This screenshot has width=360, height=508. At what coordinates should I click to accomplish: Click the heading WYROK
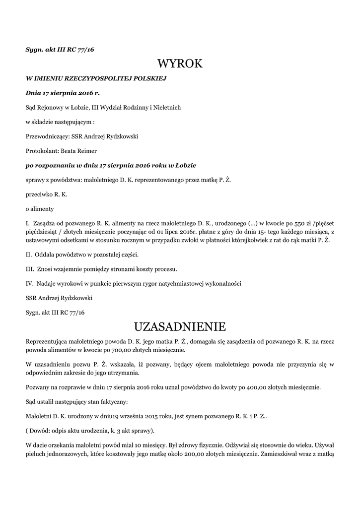tap(180, 63)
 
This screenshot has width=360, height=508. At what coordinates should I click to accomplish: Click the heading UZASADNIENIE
tap(180, 326)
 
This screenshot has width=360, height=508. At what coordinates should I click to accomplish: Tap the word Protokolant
tap(42, 151)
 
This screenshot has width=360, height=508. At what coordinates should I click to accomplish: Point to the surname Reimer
tap(86, 151)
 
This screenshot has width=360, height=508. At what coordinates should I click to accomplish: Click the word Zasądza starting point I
tap(47, 223)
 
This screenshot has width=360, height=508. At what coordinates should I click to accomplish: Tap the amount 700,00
tap(108, 350)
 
